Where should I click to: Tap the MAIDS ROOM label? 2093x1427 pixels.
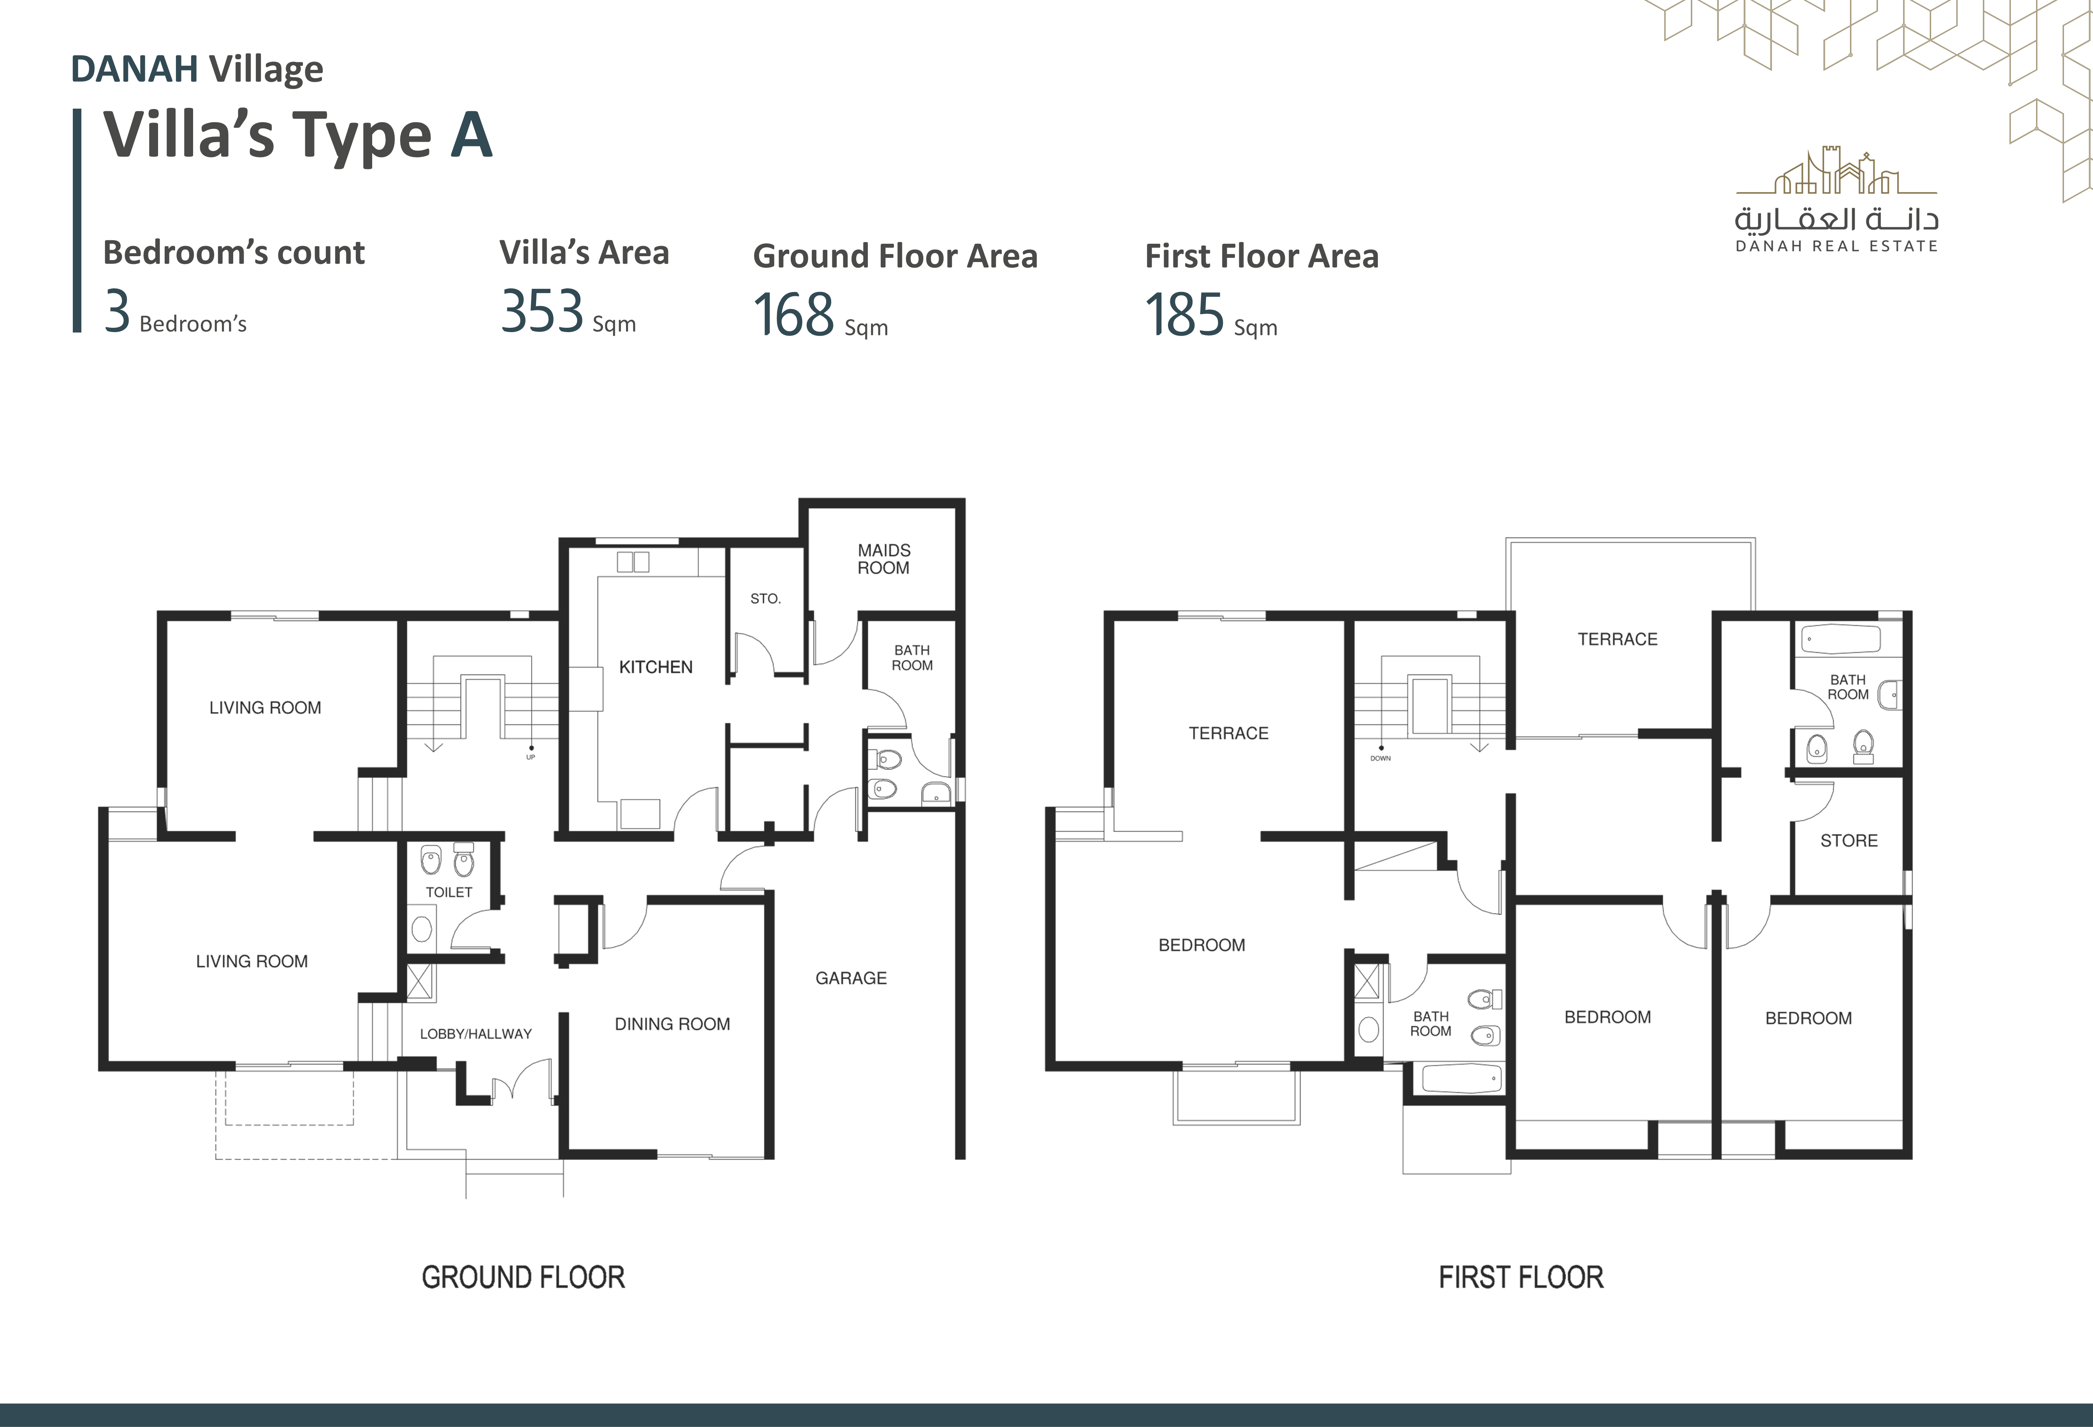(x=883, y=559)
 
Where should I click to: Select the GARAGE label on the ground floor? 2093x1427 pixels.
(x=851, y=978)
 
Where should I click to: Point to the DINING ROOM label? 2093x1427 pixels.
(x=672, y=1024)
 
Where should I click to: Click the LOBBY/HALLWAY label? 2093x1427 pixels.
(x=475, y=1034)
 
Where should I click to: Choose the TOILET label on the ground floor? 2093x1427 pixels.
(x=448, y=892)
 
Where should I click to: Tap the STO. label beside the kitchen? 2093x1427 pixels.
(x=765, y=598)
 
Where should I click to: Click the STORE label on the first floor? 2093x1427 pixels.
(x=1849, y=841)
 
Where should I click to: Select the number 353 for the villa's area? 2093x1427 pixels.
(x=542, y=312)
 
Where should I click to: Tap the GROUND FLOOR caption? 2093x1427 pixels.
(x=523, y=1277)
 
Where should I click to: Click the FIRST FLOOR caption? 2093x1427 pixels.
(x=1521, y=1277)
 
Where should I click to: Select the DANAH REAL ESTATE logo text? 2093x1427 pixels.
(x=1836, y=246)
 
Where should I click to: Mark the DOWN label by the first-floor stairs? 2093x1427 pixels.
(x=1381, y=758)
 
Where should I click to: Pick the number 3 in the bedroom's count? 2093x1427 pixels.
(x=117, y=312)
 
